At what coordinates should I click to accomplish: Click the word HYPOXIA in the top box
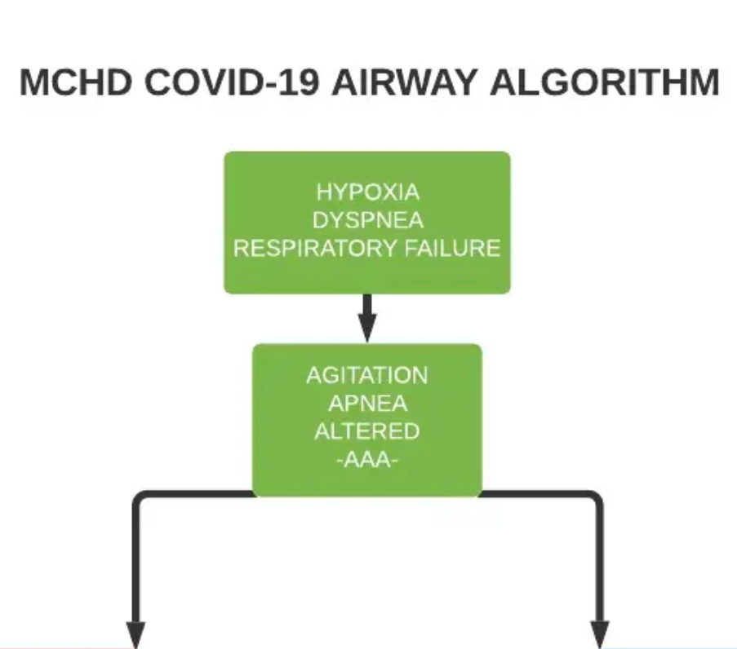point(367,193)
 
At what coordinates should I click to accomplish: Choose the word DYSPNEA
point(367,220)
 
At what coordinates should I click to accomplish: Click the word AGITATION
point(366,375)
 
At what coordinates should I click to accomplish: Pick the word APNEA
point(366,403)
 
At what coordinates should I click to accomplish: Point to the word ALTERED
point(366,430)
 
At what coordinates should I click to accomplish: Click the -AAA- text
point(366,460)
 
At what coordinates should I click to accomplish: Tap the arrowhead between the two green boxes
point(367,331)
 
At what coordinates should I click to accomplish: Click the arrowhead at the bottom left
point(136,634)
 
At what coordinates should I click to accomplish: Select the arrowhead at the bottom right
point(600,634)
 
